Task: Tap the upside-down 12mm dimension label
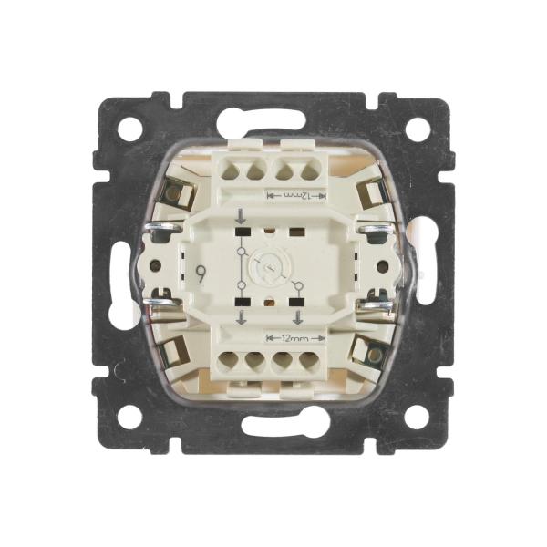click(x=295, y=196)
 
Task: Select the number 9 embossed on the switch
click(x=201, y=274)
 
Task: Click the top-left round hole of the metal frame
click(x=129, y=129)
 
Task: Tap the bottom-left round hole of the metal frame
click(x=129, y=418)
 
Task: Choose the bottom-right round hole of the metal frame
click(x=417, y=418)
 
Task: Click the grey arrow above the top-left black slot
click(x=241, y=216)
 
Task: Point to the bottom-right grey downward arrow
click(x=297, y=317)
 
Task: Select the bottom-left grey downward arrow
click(x=241, y=317)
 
